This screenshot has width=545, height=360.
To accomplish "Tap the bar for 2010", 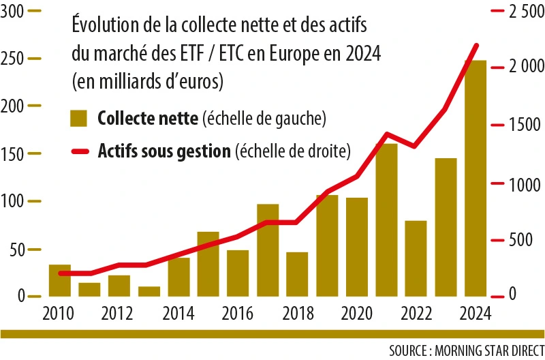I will (x=60, y=280).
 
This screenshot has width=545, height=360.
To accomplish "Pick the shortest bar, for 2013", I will (x=149, y=291).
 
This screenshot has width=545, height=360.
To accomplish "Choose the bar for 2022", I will (x=416, y=258).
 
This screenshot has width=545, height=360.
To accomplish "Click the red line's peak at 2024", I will (x=476, y=45).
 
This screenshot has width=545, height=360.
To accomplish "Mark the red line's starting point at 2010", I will (x=61, y=273).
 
